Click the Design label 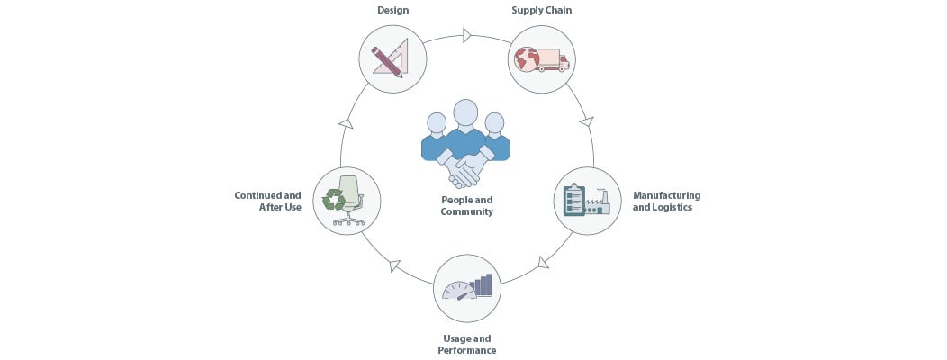click(392, 10)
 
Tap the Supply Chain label click(542, 10)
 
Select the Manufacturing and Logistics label click(667, 201)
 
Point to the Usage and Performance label click(467, 345)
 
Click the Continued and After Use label click(267, 201)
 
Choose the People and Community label click(467, 206)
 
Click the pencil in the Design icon click(386, 62)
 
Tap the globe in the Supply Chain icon click(526, 60)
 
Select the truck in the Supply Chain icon click(552, 60)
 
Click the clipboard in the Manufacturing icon click(573, 200)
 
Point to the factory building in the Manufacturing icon click(598, 203)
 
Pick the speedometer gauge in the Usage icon click(459, 291)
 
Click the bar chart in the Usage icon click(482, 285)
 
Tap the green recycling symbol click(333, 199)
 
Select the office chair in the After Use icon click(349, 201)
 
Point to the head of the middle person click(465, 113)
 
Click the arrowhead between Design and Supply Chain click(467, 35)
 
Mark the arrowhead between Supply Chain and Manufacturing click(586, 121)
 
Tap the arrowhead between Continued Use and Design click(346, 123)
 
